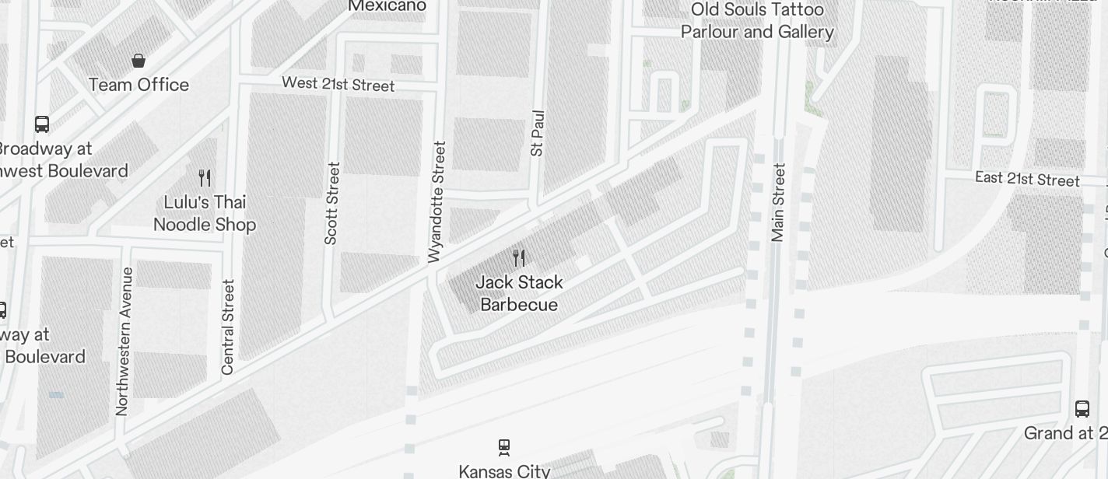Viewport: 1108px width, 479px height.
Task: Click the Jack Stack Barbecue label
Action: coord(519,293)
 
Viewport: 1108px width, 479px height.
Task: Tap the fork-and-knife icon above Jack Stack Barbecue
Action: coord(519,257)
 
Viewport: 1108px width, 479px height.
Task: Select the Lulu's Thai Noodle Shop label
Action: coord(205,213)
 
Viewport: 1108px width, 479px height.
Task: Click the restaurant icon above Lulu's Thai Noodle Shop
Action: coord(205,178)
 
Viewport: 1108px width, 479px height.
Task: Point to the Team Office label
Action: coord(138,85)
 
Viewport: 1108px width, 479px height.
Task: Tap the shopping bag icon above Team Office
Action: coord(138,61)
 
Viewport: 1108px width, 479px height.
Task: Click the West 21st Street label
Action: coord(338,83)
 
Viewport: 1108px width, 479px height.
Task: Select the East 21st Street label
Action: coord(1027,179)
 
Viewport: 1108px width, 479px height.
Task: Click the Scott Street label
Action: coord(332,203)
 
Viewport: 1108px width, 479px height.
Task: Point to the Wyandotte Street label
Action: coord(438,201)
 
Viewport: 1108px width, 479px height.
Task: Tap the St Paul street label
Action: coord(537,133)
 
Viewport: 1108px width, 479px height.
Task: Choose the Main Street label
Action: coord(778,202)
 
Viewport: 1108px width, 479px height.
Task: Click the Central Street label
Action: coord(228,327)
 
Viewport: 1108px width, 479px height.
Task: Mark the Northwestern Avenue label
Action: coord(123,341)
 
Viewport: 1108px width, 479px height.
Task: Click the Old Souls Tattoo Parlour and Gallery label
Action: coord(757,21)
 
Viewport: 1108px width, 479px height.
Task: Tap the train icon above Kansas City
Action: coord(504,447)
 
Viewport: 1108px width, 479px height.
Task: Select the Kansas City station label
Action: coord(504,471)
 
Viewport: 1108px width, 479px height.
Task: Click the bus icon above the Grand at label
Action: coord(1082,408)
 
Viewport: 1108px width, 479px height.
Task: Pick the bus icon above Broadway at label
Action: coord(42,124)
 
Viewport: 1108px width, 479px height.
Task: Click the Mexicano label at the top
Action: coord(387,6)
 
